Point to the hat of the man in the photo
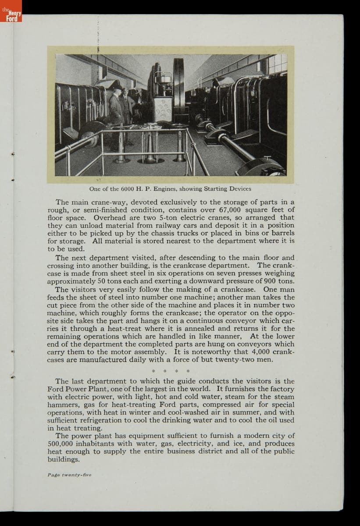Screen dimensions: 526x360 point(117,87)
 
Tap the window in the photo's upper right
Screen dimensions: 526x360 point(278,64)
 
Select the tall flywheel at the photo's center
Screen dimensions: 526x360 point(179,88)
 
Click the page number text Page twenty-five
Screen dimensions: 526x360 point(69,475)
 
